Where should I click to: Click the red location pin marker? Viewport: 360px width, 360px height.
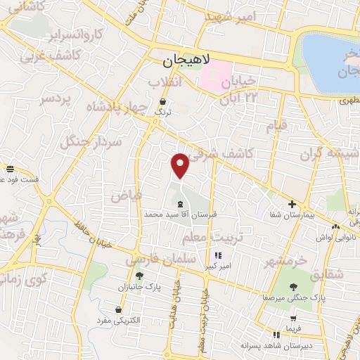[181, 165]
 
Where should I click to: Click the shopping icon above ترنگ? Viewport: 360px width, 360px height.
[163, 102]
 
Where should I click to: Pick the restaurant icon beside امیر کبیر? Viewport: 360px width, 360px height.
[219, 255]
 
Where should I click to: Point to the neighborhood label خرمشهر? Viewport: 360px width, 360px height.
[288, 259]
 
